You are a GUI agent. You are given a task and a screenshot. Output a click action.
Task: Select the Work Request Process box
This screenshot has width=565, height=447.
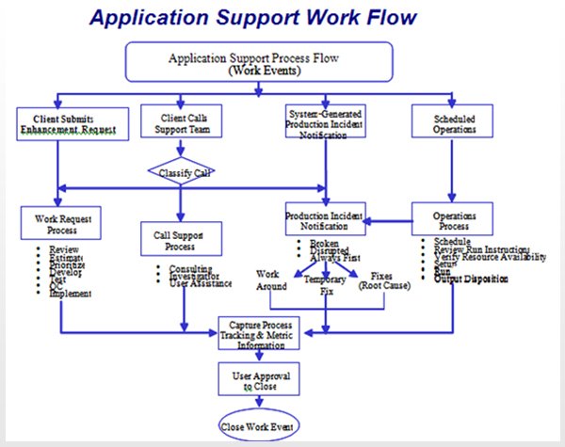61,225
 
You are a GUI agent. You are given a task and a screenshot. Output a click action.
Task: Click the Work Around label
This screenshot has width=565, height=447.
272,280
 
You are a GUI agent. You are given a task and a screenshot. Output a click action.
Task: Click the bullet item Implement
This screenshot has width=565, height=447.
67,295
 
